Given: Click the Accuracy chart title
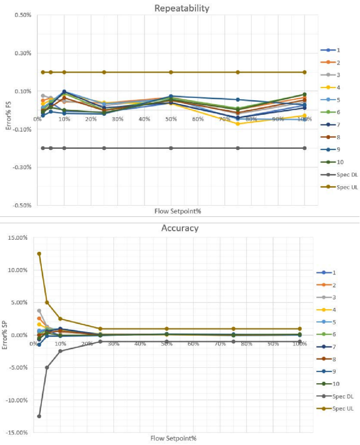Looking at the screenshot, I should click(180, 228).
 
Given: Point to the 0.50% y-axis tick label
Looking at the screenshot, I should click(23, 15).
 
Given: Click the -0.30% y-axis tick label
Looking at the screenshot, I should click(22, 167).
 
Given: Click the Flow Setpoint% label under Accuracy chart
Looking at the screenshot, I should click(176, 438).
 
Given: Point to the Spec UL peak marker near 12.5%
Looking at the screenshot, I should click(39, 254).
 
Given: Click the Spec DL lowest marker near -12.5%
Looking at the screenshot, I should click(39, 416).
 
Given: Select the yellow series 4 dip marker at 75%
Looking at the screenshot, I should click(238, 124).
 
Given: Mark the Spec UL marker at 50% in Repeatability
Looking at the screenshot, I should click(171, 72).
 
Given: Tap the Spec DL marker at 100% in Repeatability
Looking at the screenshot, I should click(305, 148).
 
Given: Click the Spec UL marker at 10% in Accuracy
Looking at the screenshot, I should click(60, 319).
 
